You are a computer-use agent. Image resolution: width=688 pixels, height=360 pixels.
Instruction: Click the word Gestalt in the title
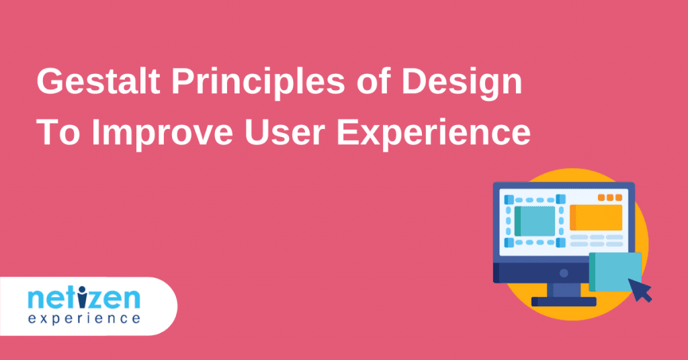[98, 81]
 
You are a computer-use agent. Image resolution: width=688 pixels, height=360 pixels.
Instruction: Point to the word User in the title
[284, 132]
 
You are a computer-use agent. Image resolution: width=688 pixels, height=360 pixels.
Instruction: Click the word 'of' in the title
[374, 81]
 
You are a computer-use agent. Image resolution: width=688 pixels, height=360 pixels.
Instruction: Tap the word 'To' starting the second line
[58, 132]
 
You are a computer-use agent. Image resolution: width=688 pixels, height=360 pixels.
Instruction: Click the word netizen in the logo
[84, 298]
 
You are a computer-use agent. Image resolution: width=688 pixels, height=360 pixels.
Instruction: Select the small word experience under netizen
[84, 318]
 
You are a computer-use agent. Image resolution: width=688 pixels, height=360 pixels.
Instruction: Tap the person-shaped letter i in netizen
[82, 298]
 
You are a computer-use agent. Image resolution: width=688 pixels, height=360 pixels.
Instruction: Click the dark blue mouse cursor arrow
[640, 290]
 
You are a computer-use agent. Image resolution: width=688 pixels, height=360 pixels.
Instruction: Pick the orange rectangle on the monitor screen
[596, 218]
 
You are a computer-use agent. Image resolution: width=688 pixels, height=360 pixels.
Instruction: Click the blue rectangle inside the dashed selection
[535, 221]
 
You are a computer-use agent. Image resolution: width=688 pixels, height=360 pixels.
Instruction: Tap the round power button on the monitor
[564, 273]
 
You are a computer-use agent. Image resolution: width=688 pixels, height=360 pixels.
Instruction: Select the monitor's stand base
[564, 302]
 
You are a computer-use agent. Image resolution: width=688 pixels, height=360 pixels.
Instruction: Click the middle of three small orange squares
[610, 197]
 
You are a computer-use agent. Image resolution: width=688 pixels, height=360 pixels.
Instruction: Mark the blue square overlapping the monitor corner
[615, 272]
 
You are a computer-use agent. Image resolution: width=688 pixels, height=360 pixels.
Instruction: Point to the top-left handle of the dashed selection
[509, 200]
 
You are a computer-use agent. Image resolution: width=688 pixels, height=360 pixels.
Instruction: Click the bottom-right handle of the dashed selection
[561, 242]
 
